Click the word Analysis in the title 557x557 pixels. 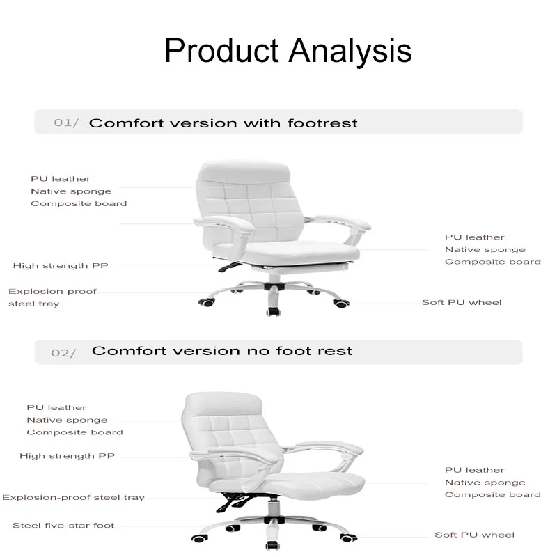tap(350, 52)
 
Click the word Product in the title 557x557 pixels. tap(221, 50)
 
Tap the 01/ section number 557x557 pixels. tap(66, 123)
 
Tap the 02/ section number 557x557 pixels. tap(63, 353)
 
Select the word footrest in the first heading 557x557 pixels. tap(322, 123)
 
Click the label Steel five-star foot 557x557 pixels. tap(63, 526)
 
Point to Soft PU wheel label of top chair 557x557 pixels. tap(462, 303)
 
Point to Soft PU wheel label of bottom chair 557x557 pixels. tap(474, 535)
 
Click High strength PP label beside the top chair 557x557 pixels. tap(61, 266)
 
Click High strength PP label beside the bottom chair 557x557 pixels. tap(67, 456)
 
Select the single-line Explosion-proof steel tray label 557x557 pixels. tap(73, 498)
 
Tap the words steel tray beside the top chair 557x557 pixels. tap(33, 304)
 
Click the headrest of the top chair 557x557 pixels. tap(244, 171)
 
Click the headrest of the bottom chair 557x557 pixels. tap(223, 404)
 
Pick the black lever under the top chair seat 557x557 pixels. tap(229, 267)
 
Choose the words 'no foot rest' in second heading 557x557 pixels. tap(299, 351)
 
